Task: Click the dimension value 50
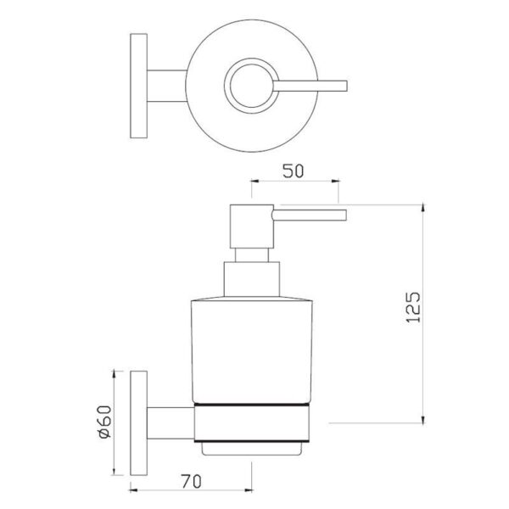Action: pyautogui.click(x=293, y=171)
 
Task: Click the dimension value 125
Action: pyautogui.click(x=413, y=307)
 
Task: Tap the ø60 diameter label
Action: pyautogui.click(x=105, y=422)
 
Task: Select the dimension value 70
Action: pyautogui.click(x=191, y=481)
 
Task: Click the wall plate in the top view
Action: pyautogui.click(x=138, y=86)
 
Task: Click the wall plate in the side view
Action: pyautogui.click(x=138, y=423)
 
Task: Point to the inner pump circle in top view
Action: pyautogui.click(x=252, y=86)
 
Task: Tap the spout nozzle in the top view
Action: pyautogui.click(x=310, y=86)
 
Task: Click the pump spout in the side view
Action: pyautogui.click(x=309, y=215)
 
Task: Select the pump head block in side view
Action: pyautogui.click(x=252, y=227)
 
